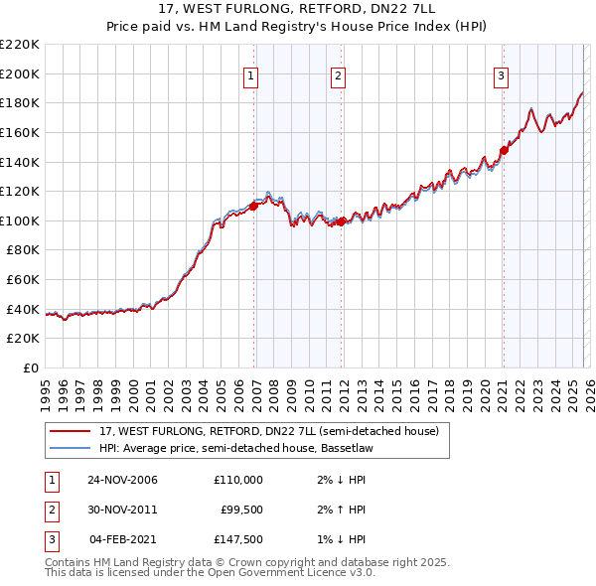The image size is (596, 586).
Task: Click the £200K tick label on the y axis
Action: tap(20, 73)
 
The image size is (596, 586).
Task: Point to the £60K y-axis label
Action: tap(23, 280)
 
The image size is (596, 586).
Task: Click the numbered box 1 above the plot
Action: tap(250, 75)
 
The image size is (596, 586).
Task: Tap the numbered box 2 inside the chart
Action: tap(338, 75)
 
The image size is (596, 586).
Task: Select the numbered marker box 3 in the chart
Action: tap(501, 75)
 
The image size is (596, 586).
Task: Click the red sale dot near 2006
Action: tap(254, 207)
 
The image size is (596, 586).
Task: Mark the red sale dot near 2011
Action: tap(342, 221)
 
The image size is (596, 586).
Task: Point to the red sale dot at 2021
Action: tap(504, 151)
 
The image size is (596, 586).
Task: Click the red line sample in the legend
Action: tap(70, 432)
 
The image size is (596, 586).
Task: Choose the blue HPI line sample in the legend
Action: tap(70, 448)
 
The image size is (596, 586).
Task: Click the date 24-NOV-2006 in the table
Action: tap(122, 480)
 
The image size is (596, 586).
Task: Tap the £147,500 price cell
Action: tap(238, 539)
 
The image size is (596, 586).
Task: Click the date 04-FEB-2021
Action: tap(122, 539)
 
